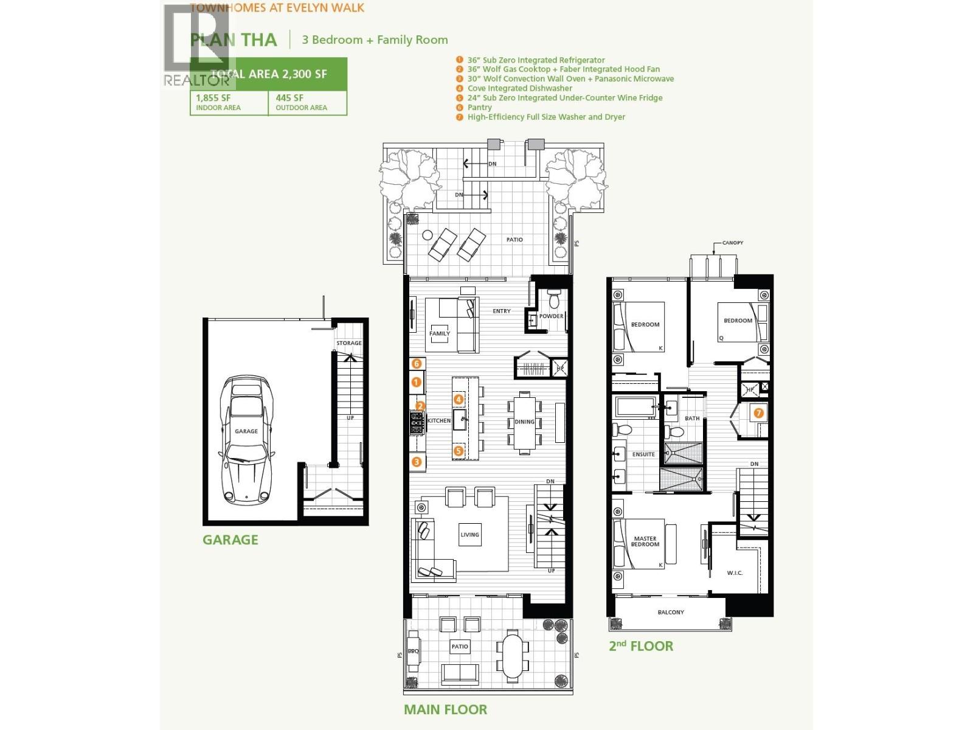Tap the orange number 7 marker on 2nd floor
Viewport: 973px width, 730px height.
758,413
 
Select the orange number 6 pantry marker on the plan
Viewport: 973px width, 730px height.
417,363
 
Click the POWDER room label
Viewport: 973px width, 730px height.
551,316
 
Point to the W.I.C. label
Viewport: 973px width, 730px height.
735,573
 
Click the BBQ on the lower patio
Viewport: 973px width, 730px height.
414,652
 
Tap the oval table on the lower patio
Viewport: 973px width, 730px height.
512,655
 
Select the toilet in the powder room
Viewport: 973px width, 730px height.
554,299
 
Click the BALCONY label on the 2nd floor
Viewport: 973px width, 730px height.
671,613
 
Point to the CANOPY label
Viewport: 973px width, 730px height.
733,243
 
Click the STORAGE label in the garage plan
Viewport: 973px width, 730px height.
349,343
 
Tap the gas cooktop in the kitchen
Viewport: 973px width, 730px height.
417,423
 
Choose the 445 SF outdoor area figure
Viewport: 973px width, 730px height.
289,98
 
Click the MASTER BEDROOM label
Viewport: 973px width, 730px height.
645,541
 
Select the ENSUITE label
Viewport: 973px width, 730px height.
643,454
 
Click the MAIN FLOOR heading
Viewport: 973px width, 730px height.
445,709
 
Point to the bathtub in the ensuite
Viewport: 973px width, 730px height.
635,406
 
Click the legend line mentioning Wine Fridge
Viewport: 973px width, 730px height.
564,98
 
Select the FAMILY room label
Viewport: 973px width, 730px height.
440,333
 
